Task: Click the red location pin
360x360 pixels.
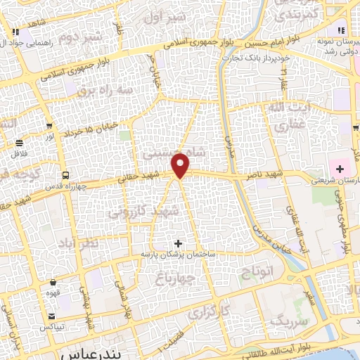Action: (x=181, y=165)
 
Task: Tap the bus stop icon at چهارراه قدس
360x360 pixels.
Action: (x=65, y=175)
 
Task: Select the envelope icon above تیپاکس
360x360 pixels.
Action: (x=51, y=317)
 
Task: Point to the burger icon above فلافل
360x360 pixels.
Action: (x=18, y=143)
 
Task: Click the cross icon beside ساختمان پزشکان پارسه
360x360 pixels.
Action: (x=178, y=243)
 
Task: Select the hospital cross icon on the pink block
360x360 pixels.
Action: (x=340, y=169)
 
